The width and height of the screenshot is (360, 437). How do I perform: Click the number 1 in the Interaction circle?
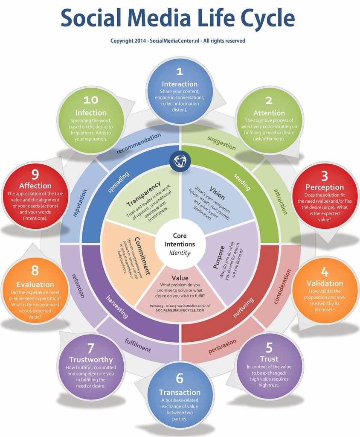pyautogui.click(x=180, y=71)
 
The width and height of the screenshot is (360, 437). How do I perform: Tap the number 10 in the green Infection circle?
pyautogui.click(x=91, y=100)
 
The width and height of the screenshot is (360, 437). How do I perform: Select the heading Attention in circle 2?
pyautogui.click(x=269, y=113)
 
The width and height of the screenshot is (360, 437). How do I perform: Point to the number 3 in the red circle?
pyautogui.click(x=325, y=175)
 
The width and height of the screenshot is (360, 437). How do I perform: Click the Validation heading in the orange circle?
pyautogui.click(x=325, y=283)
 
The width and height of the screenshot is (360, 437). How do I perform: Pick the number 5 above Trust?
pyautogui.click(x=269, y=346)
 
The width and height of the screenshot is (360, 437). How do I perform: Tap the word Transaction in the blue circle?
pyautogui.click(x=180, y=392)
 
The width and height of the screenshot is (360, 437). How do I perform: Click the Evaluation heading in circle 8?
pyautogui.click(x=35, y=284)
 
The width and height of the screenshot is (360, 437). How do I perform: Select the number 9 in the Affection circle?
pyautogui.click(x=35, y=174)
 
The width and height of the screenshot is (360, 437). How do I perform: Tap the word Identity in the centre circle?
pyautogui.click(x=180, y=253)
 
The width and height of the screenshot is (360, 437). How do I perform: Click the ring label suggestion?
pyautogui.click(x=221, y=143)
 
